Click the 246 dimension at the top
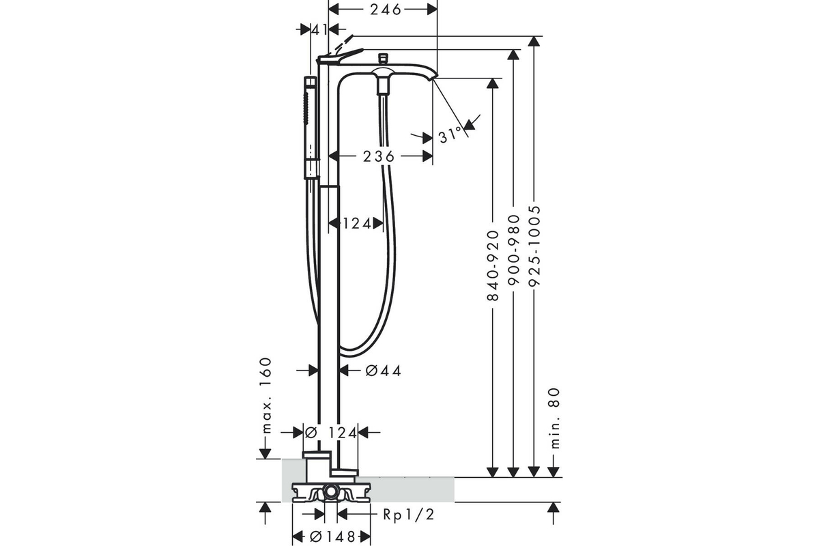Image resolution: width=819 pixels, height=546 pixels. coord(386,10)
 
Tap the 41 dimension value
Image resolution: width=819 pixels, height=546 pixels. coord(320,29)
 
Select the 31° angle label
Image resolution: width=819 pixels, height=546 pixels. coord(450,135)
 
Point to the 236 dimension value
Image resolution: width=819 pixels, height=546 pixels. coord(379,156)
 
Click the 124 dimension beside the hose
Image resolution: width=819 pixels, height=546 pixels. coord(357,223)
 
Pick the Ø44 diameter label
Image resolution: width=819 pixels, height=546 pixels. coord(383,371)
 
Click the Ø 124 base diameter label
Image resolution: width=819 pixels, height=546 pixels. coord(330,433)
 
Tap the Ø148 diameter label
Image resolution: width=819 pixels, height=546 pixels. coord(333,537)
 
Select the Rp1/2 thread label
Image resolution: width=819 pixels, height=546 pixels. coord(409,515)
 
